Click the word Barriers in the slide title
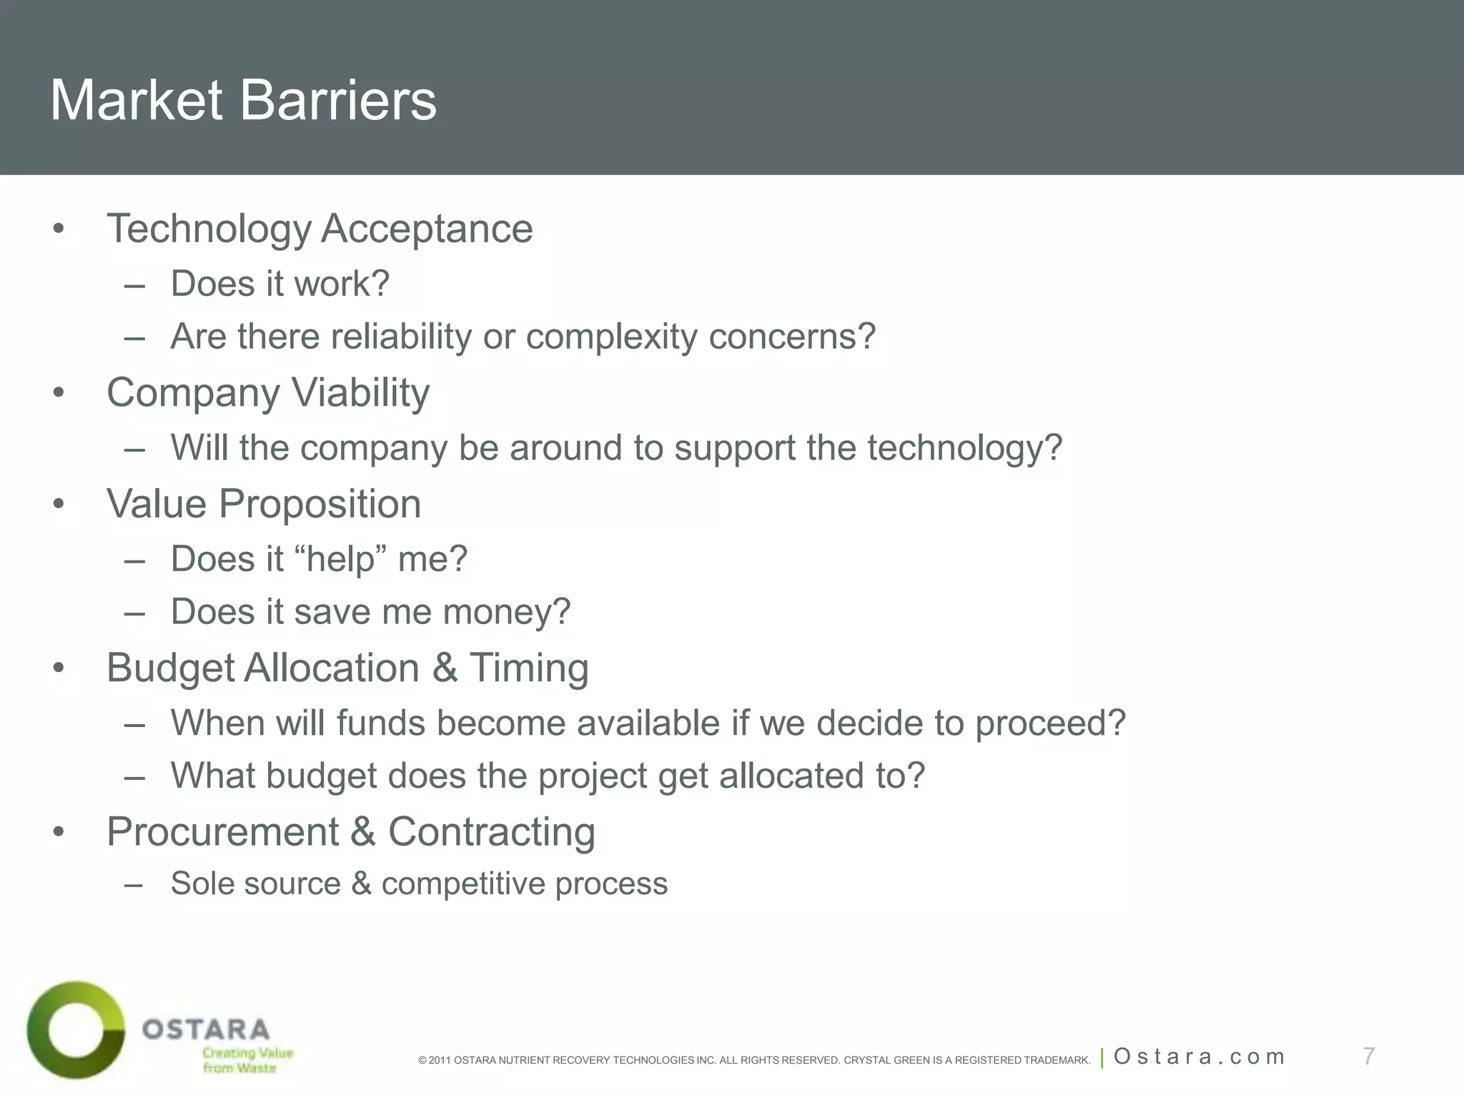point(337,101)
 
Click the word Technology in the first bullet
point(209,229)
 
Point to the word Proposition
point(320,504)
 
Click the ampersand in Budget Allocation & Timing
point(445,668)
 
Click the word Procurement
point(222,832)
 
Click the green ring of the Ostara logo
point(43,1029)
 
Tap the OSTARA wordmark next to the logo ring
point(206,1029)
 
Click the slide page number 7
point(1368,1056)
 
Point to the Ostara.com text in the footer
point(1199,1057)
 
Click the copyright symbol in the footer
point(422,1060)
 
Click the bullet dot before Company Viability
point(59,392)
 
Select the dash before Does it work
point(134,285)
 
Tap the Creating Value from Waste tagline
point(247,1060)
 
